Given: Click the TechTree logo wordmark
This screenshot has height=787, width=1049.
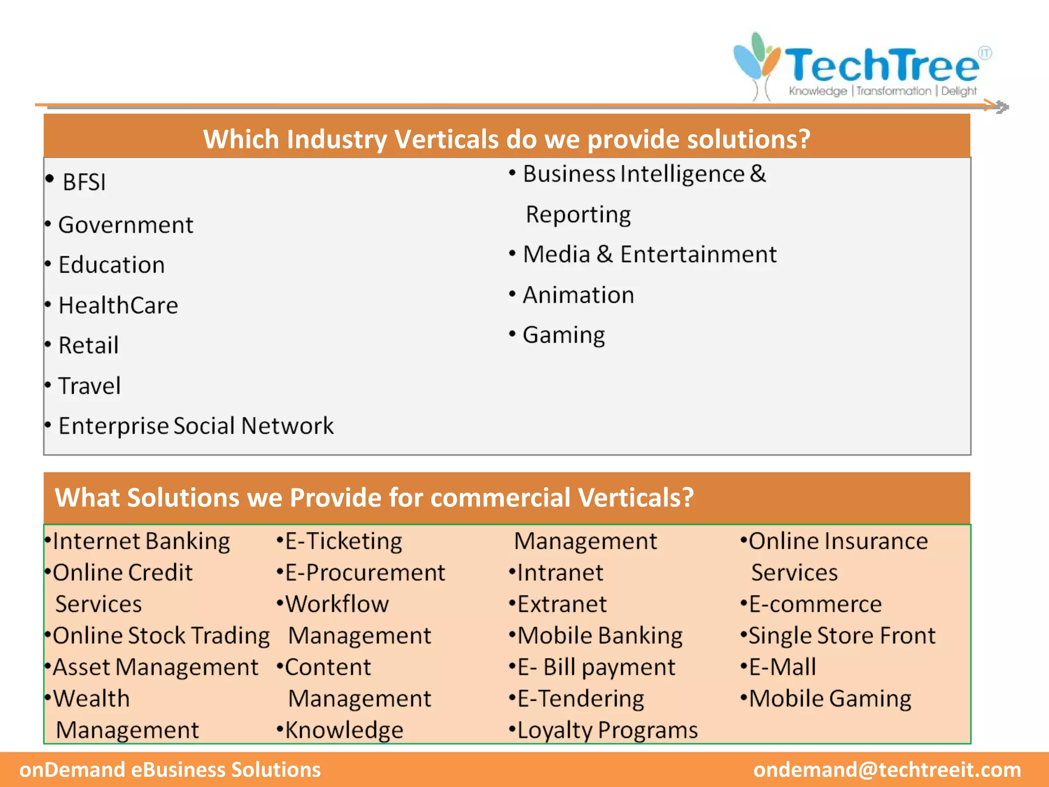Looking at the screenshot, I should [881, 66].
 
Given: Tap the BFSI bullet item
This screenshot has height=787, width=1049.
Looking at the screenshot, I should [84, 182].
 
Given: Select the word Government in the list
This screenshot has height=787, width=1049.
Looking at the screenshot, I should [126, 225].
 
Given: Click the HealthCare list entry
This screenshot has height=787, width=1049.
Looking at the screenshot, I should [118, 305].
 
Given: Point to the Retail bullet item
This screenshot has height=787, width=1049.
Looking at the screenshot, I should [89, 345].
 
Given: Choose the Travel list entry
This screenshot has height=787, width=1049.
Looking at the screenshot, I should [90, 386].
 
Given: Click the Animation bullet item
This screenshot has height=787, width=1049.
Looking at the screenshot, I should [578, 295].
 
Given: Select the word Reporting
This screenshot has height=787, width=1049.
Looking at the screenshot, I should [578, 215].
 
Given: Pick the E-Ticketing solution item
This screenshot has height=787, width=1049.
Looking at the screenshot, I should [343, 542].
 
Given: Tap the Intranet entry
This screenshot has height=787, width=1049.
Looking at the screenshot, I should [560, 573].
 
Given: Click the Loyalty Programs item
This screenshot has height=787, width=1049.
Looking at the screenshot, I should [607, 730].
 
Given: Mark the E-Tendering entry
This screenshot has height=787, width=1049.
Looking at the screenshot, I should [580, 699].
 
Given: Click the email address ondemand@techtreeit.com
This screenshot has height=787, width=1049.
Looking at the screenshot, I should [887, 770].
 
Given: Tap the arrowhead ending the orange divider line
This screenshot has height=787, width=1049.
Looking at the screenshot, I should [1001, 107].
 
